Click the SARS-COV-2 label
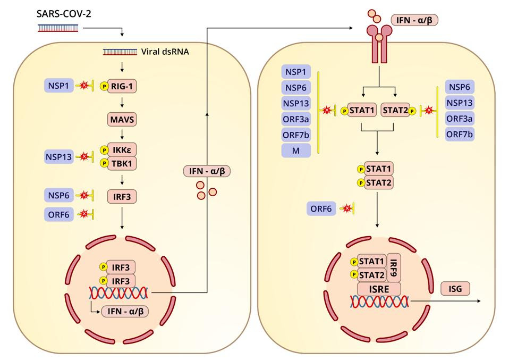point(64,14)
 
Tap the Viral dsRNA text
point(165,52)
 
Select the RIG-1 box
point(122,87)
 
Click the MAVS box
point(122,120)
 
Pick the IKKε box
point(122,150)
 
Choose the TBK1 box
point(122,163)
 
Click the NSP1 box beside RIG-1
point(59,86)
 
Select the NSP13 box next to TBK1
point(59,157)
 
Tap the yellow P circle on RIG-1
point(104,87)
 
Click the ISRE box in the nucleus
point(379,289)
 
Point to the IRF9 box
point(394,267)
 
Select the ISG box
point(455,289)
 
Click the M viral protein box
point(296,150)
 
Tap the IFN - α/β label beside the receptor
point(414,20)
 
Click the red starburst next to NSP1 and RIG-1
point(84,86)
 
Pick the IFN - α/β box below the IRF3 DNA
point(125,311)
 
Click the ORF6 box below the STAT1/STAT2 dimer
point(321,208)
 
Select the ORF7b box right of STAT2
point(460,134)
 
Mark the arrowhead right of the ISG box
point(479,301)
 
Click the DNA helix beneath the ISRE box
point(379,302)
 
